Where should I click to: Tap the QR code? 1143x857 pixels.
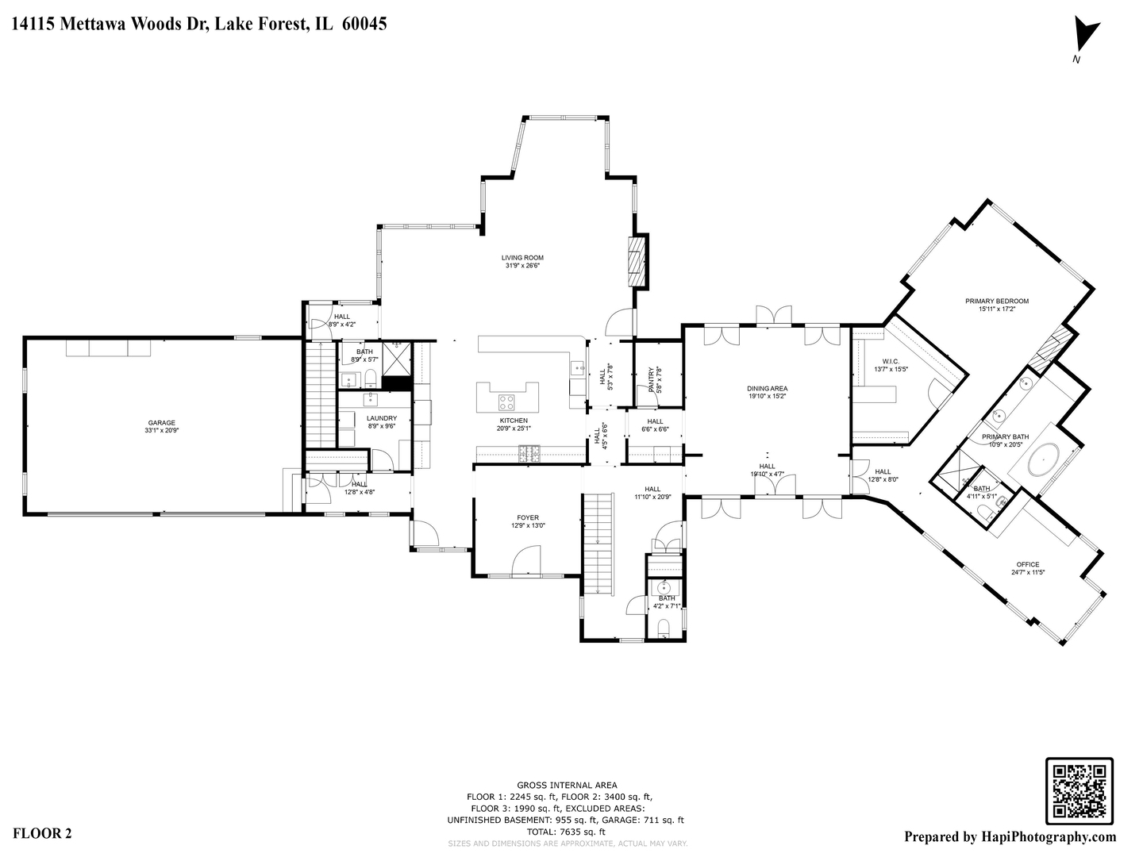click(1079, 790)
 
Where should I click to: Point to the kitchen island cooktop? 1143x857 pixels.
click(506, 402)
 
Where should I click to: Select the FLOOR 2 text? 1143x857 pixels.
click(43, 833)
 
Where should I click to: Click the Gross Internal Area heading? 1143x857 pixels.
click(567, 785)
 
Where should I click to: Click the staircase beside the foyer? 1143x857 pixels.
click(599, 543)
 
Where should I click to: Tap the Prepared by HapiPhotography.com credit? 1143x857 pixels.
click(1010, 836)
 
